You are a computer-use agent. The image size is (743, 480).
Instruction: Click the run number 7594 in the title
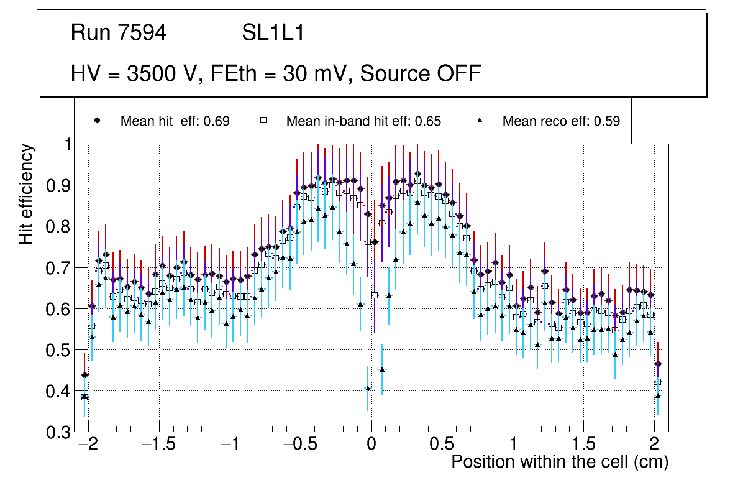tap(142, 33)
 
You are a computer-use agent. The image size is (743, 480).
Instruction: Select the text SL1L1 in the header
tap(273, 33)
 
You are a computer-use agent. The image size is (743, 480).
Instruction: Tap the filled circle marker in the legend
tap(96, 121)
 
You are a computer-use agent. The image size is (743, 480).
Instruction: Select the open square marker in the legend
tap(263, 121)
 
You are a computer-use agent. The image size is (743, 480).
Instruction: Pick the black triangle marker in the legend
tap(480, 121)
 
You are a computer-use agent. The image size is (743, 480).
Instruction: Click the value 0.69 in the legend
tap(217, 121)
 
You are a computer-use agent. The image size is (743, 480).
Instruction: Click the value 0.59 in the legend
tap(607, 121)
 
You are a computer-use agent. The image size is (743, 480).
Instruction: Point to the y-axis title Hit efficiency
tap(26, 194)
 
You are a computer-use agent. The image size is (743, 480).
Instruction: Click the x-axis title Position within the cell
tap(559, 462)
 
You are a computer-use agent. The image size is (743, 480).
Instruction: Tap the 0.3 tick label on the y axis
tap(59, 433)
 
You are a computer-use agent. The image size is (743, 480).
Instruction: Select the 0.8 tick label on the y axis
tap(59, 226)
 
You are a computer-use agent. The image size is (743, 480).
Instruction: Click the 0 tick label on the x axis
tap(371, 445)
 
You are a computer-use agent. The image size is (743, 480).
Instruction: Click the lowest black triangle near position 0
tap(368, 389)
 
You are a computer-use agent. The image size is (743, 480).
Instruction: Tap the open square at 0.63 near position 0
tap(375, 295)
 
